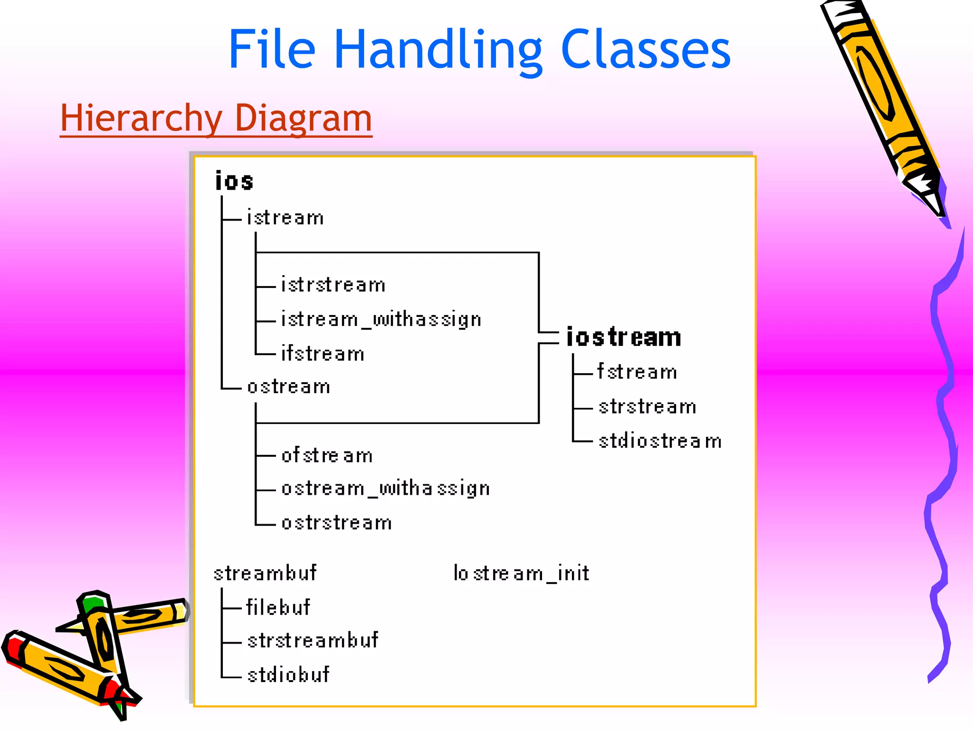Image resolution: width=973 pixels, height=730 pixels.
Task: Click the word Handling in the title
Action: [x=438, y=50]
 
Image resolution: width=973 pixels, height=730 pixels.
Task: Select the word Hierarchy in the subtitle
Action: [x=141, y=118]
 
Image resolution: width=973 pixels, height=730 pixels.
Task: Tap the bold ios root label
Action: [x=234, y=181]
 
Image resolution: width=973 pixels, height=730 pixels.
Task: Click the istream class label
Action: [x=285, y=218]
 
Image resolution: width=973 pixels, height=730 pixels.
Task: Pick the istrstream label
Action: [x=333, y=285]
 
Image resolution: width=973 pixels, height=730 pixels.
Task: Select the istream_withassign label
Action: [x=381, y=319]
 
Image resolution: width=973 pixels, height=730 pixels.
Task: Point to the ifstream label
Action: [x=323, y=354]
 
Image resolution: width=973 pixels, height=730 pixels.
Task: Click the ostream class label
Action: [x=289, y=387]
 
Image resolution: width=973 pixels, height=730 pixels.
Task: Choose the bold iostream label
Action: [x=624, y=337]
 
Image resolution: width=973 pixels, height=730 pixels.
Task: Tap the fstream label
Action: [x=637, y=372]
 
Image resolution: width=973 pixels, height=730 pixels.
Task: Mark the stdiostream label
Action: [x=660, y=441]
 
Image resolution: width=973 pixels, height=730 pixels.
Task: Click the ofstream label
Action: [x=327, y=455]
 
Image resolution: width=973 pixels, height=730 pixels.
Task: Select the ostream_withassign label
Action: [x=385, y=489]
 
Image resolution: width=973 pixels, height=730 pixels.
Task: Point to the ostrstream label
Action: [x=336, y=523]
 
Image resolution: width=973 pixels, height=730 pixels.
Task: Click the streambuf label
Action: [x=265, y=573]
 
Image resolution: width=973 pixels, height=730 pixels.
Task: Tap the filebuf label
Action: [x=278, y=607]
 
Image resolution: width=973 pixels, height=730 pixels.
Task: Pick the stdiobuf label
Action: [x=288, y=675]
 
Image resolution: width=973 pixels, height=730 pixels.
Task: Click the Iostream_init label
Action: [x=521, y=573]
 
